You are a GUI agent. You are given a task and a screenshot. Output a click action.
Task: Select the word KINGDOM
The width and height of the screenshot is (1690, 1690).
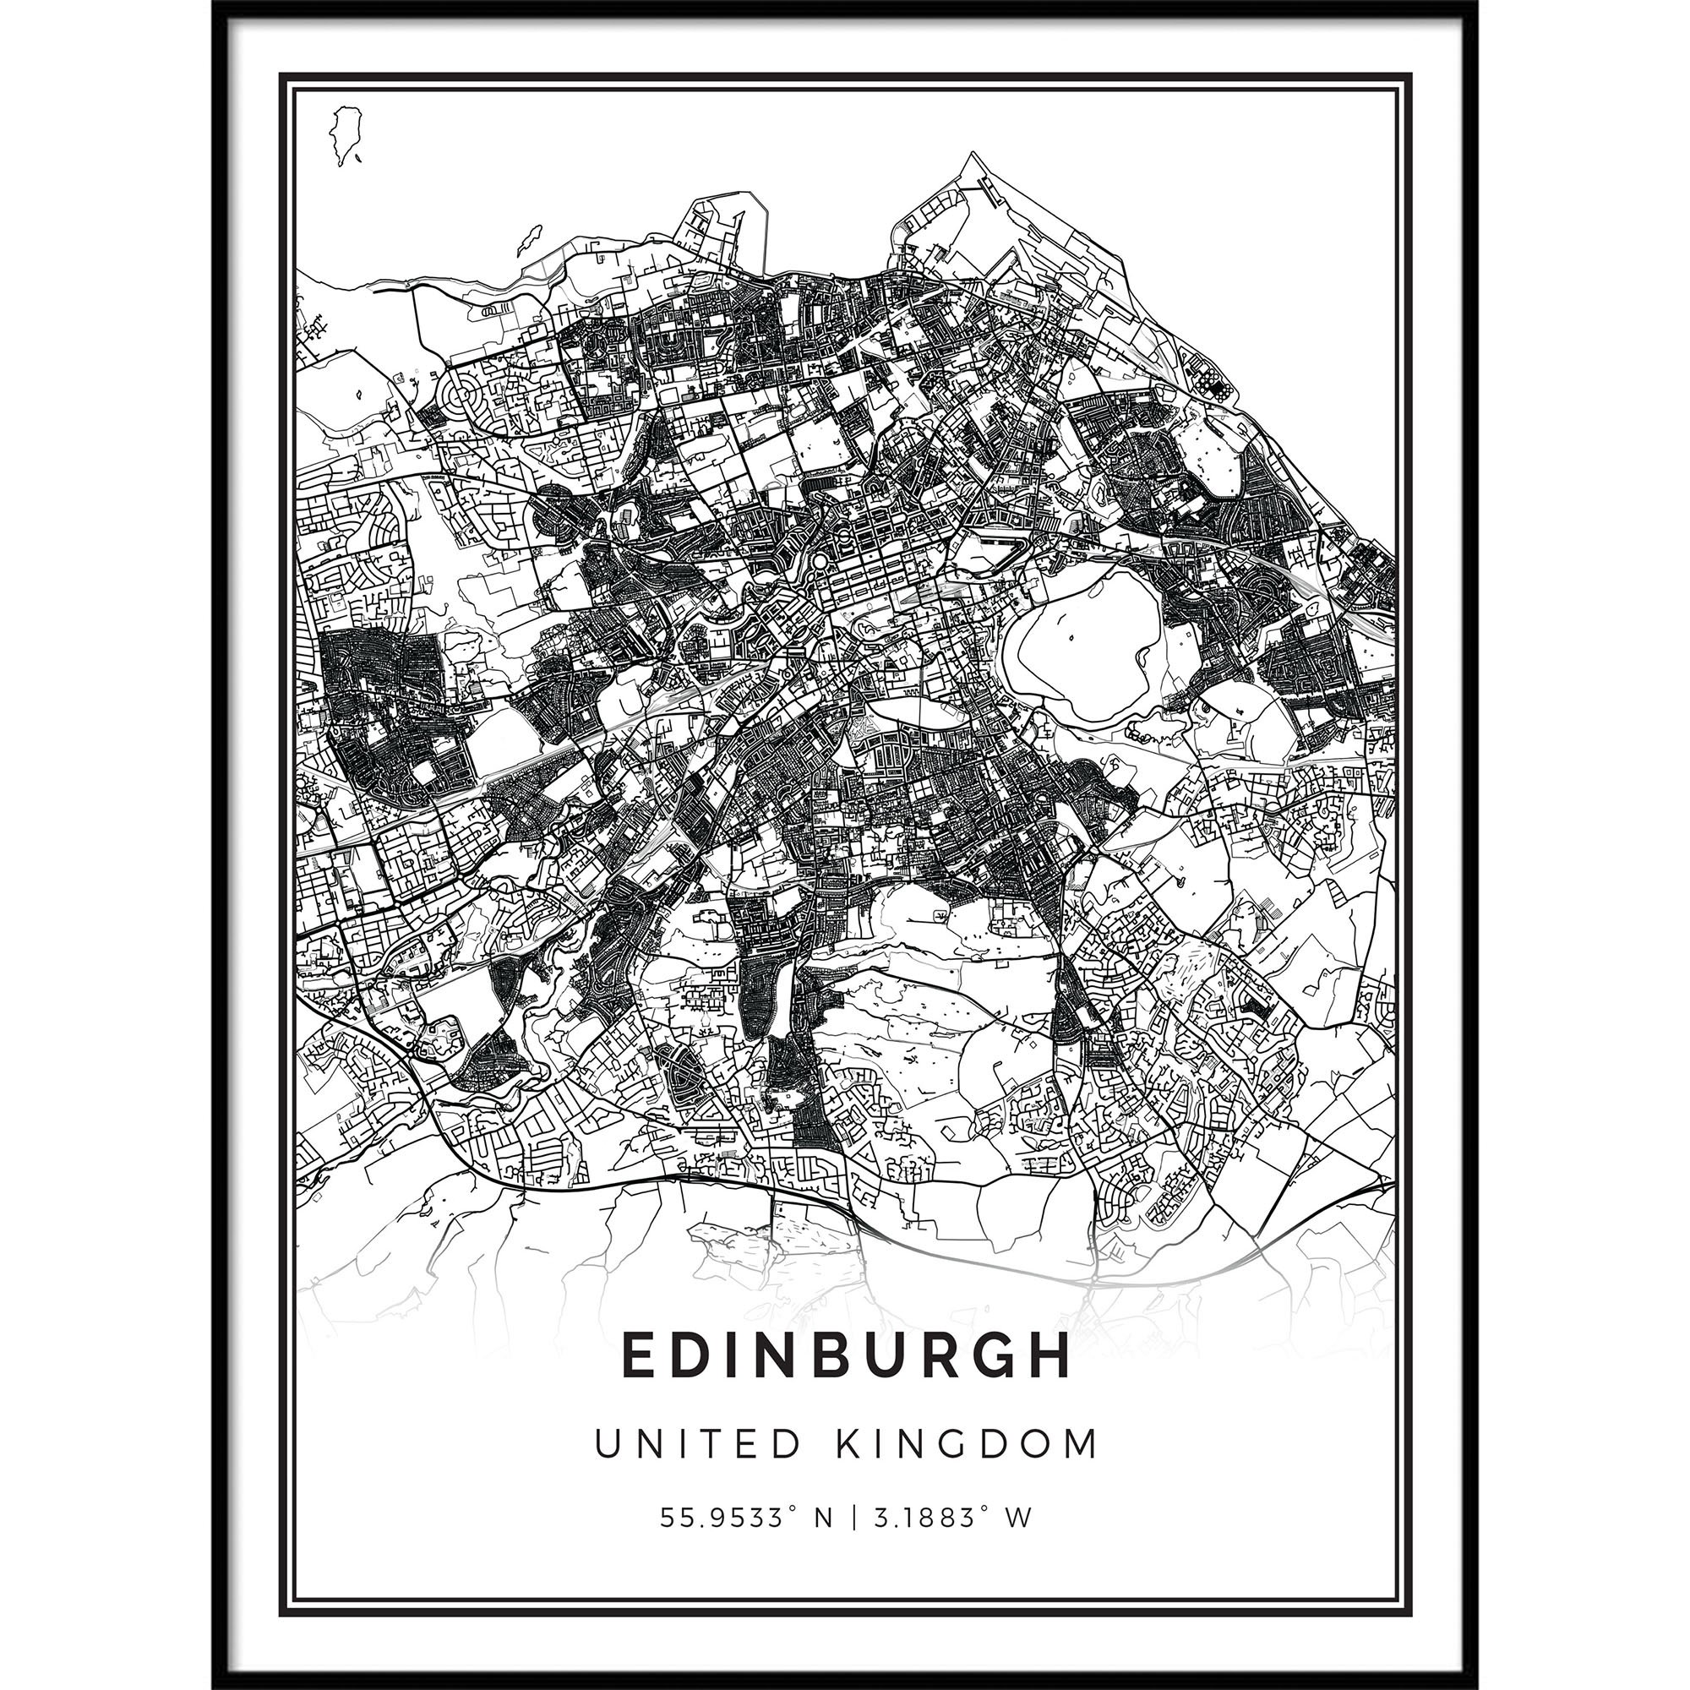968,1444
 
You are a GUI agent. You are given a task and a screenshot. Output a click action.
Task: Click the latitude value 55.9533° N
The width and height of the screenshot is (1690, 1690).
747,1518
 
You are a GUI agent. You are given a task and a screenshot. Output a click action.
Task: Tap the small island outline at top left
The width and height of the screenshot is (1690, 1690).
346,135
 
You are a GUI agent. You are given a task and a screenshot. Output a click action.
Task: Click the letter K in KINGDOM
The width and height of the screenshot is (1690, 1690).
848,1444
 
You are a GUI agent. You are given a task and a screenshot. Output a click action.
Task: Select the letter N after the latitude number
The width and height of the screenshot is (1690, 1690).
823,1518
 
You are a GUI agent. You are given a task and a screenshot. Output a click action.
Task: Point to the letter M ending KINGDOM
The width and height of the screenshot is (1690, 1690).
1082,1444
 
